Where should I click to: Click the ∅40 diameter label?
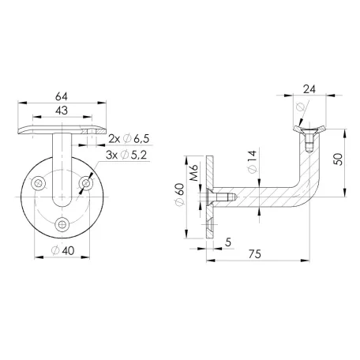[62, 251]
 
